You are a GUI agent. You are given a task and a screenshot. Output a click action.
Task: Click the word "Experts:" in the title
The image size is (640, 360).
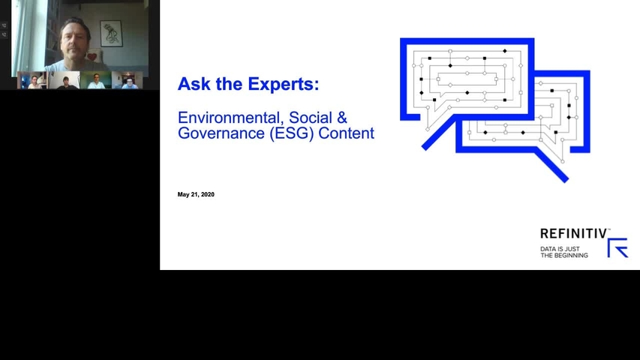pos(284,85)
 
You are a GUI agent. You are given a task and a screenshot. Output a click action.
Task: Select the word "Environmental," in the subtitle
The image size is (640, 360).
pos(231,118)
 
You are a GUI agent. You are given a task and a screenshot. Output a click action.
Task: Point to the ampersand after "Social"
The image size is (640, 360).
pos(342,118)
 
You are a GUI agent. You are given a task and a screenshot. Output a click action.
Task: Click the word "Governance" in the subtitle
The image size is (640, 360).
pos(221,133)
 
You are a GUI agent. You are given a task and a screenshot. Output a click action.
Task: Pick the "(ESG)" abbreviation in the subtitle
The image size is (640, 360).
pos(291,133)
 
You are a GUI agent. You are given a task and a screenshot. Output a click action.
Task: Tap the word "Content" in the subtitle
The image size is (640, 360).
pos(346,133)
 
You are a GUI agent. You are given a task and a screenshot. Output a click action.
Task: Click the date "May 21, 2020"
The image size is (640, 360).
pos(196,194)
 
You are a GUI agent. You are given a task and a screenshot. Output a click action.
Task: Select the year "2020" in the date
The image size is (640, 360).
pos(207,194)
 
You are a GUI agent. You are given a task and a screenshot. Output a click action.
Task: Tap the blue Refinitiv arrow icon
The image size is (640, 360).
pos(617,247)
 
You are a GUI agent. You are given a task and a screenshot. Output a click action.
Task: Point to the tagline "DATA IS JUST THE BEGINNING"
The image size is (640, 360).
pos(564,252)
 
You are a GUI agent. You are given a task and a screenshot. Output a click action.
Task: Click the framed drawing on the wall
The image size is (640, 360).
pos(111,34)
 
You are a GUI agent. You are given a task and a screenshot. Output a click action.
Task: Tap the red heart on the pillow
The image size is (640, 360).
pos(92,56)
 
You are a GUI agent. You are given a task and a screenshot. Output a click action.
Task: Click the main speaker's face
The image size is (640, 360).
pos(74,40)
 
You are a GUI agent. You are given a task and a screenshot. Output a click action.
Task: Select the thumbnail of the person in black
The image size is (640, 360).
pos(65,80)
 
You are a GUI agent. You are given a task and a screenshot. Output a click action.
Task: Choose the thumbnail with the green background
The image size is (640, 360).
pos(96,80)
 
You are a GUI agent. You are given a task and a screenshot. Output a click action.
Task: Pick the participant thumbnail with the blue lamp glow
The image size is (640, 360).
pos(33,80)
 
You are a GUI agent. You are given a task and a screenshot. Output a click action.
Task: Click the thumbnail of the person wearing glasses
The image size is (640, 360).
pos(128,80)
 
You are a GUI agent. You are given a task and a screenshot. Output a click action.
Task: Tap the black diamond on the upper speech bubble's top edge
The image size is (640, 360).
pos(505,51)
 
